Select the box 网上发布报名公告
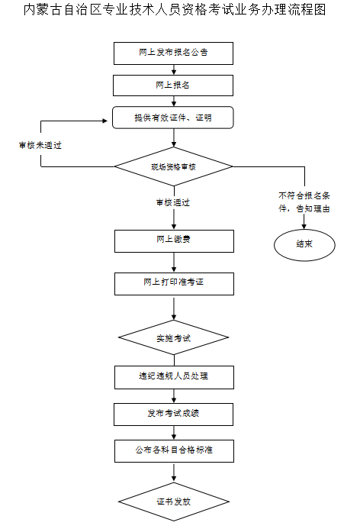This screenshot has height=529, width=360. (173, 53)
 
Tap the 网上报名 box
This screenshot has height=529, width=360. (173, 85)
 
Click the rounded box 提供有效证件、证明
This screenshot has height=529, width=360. (173, 118)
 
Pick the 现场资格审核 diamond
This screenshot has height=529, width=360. (173, 166)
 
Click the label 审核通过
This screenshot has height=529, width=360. (172, 203)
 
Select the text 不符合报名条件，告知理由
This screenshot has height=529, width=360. (304, 201)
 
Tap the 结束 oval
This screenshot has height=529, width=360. (304, 244)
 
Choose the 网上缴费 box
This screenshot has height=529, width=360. (173, 240)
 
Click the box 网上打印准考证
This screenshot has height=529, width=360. (173, 282)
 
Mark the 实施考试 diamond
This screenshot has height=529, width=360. (173, 337)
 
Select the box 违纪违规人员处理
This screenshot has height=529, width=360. (173, 376)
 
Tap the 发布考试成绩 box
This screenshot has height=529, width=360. (173, 414)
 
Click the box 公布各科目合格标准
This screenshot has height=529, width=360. (173, 450)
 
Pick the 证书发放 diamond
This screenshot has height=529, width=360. (173, 502)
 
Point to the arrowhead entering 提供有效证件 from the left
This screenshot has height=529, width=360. (108, 121)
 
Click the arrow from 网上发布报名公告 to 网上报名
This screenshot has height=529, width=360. (174, 69)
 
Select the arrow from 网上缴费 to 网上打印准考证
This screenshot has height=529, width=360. (174, 262)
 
